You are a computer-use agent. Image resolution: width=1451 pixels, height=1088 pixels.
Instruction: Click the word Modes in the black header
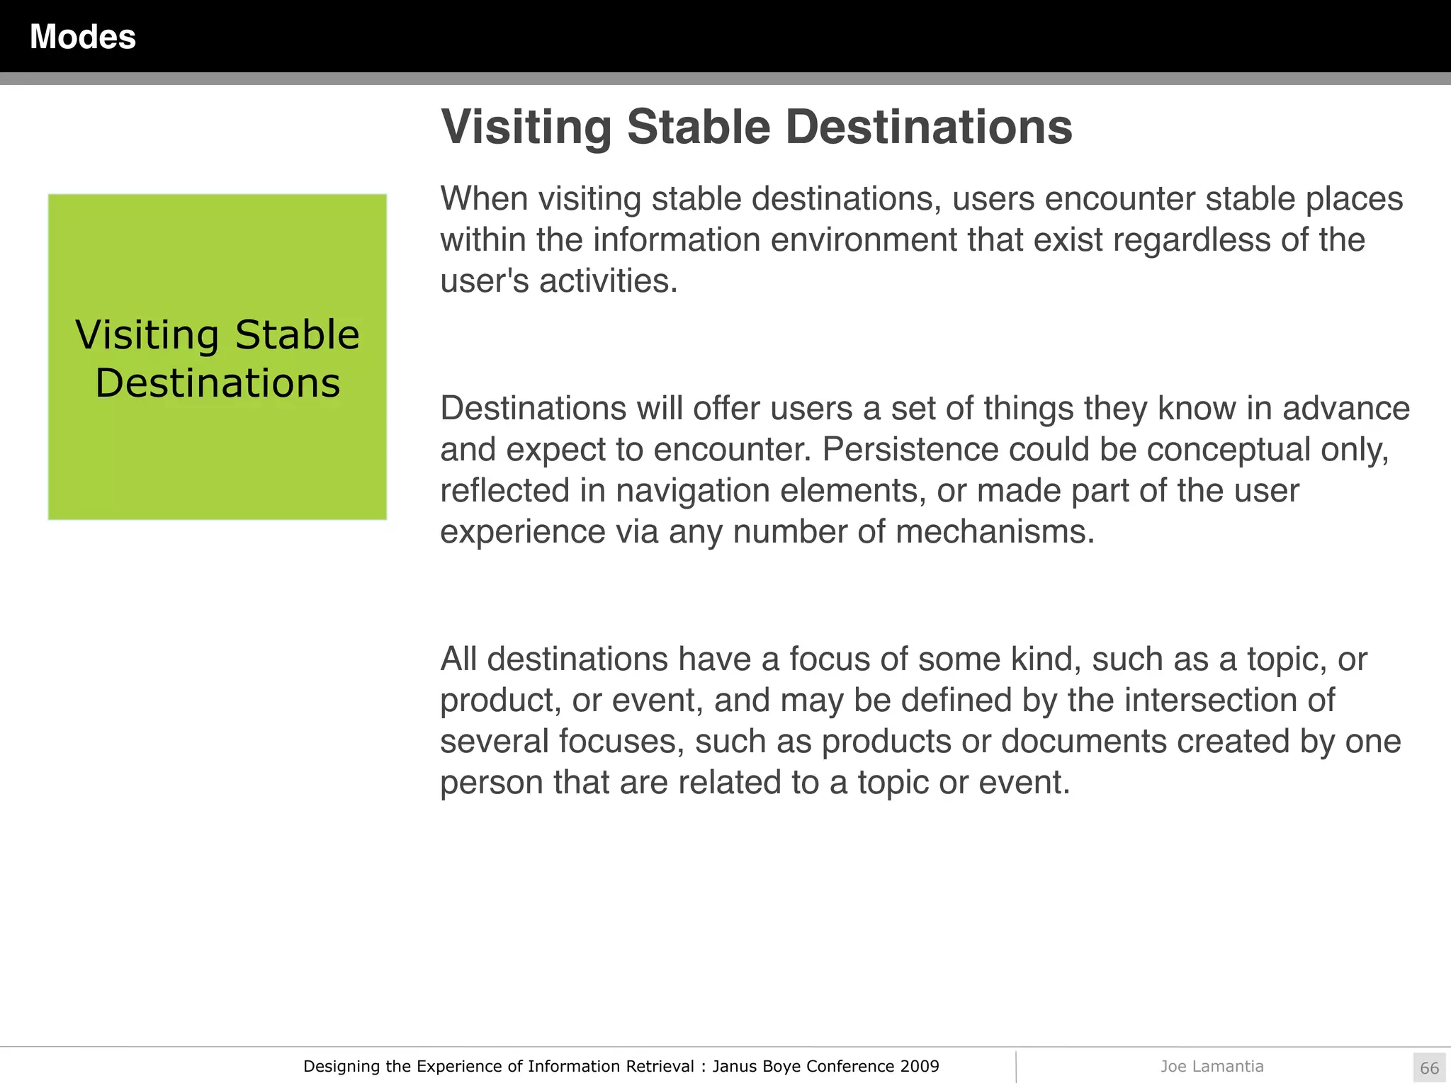point(82,37)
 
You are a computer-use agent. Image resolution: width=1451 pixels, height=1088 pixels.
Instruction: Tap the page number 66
point(1429,1068)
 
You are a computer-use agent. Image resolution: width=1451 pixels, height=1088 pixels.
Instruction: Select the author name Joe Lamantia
point(1212,1066)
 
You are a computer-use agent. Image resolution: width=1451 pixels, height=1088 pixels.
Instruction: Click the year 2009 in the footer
point(920,1066)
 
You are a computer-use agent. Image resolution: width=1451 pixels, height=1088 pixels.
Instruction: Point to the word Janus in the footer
point(734,1066)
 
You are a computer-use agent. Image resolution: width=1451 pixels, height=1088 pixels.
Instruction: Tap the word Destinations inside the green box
point(218,383)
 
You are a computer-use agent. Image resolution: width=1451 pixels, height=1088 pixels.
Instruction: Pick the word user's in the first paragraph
point(484,281)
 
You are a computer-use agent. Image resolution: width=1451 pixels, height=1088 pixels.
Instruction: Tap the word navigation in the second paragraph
point(692,490)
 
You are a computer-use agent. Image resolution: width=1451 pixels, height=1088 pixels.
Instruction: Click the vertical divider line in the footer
point(1015,1067)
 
